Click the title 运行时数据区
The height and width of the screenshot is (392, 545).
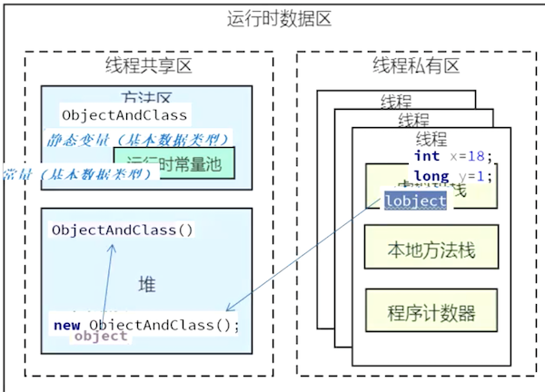point(273,19)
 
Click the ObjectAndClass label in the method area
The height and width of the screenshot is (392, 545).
point(124,115)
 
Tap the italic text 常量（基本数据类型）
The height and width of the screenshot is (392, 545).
point(77,173)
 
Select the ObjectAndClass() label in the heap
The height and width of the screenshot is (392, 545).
point(123,230)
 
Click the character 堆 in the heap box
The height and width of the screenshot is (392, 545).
point(146,285)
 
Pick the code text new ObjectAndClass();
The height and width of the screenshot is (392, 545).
point(146,324)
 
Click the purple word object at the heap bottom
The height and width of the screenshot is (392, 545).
point(101,336)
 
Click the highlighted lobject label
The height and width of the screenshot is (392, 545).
point(415,201)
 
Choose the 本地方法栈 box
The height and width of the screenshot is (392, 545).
point(431,249)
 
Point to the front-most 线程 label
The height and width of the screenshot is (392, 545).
point(431,139)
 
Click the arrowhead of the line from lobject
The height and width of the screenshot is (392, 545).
point(229,309)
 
